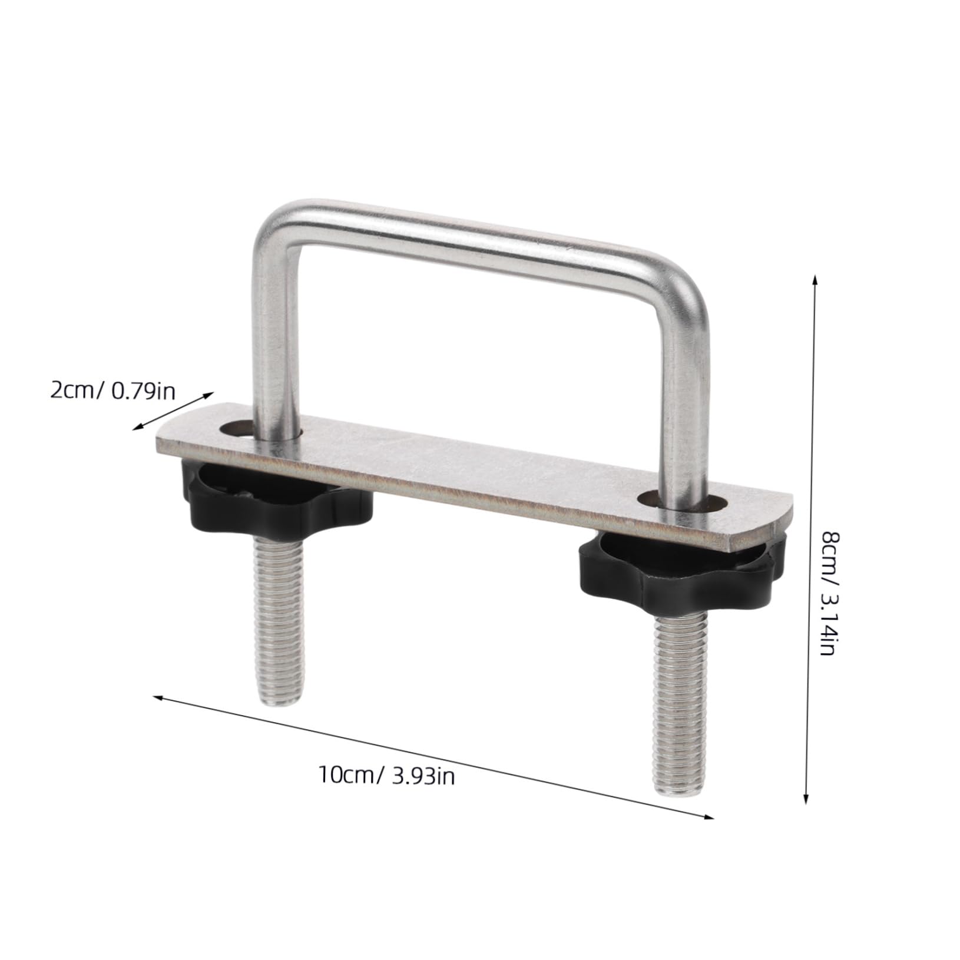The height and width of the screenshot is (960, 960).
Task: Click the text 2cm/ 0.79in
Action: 112,390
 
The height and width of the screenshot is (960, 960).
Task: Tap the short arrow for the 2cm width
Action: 173,411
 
